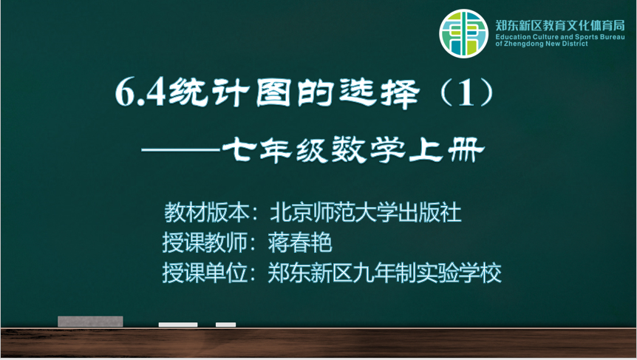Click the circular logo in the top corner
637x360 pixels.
(463, 34)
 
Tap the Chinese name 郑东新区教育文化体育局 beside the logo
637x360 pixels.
(560, 26)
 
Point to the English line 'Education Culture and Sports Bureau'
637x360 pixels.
(560, 37)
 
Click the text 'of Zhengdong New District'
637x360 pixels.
(542, 44)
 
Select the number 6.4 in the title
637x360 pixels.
(140, 92)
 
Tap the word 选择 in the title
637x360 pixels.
(379, 93)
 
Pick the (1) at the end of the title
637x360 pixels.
(466, 92)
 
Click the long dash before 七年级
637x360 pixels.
(181, 150)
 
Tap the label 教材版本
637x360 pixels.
(206, 212)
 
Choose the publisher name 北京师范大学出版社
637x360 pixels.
(365, 212)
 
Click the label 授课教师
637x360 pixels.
(205, 242)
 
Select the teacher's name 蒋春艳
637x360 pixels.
(300, 242)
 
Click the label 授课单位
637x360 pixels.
(205, 273)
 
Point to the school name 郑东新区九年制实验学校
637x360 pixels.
(384, 273)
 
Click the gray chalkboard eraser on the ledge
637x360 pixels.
(90, 322)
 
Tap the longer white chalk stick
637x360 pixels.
(178, 325)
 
